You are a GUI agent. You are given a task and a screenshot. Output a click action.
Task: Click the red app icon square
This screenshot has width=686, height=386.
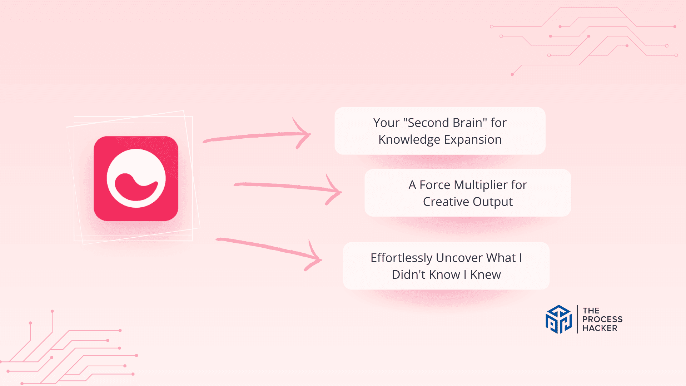point(136,178)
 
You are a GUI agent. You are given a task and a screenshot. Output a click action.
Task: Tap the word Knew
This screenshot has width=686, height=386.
point(486,275)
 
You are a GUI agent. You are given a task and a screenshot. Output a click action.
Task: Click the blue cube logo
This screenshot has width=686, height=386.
point(559,319)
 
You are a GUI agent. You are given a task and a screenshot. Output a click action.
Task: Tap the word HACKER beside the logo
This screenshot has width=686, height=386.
point(600,328)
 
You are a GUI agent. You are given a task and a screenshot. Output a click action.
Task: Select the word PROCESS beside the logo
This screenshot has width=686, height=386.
point(602,319)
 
